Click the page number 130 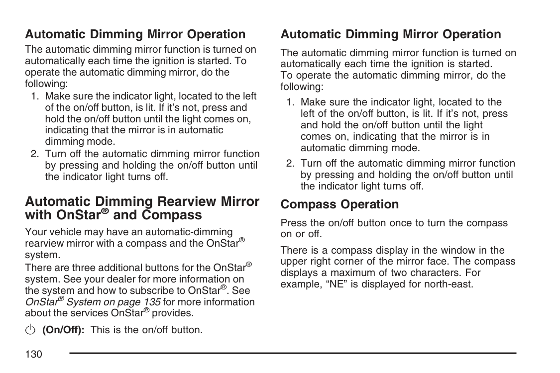tap(33, 354)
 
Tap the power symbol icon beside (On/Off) tap(30, 330)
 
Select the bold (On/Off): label tap(63, 330)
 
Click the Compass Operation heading tap(339, 204)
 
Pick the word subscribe tap(141, 290)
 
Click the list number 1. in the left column tap(35, 96)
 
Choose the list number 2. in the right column tap(291, 163)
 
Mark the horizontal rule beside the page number tap(293, 353)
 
